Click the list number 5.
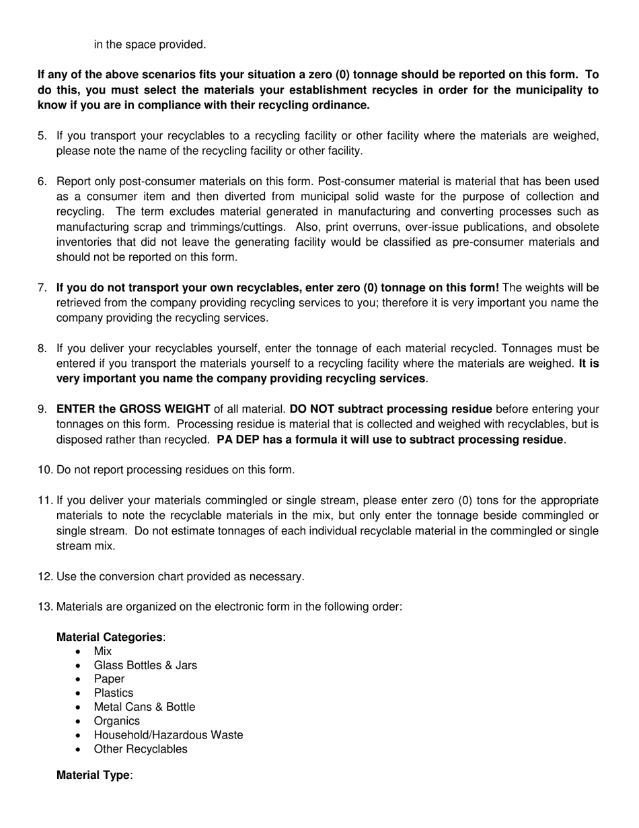click(x=42, y=136)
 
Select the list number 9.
click(x=42, y=409)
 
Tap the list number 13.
click(x=45, y=607)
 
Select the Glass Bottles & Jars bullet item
click(x=145, y=665)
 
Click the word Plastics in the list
click(x=114, y=693)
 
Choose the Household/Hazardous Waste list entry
click(x=168, y=735)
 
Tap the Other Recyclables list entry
click(x=141, y=749)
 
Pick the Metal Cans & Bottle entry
click(x=145, y=707)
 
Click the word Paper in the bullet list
click(x=109, y=679)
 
